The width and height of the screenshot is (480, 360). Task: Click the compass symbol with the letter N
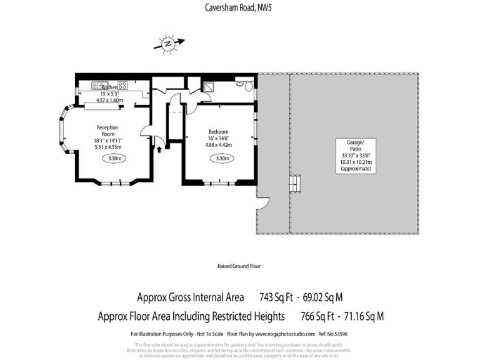[x=167, y=44]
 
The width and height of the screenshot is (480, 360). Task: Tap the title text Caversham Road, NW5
[x=239, y=7]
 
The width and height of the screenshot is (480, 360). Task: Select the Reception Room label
[x=108, y=131]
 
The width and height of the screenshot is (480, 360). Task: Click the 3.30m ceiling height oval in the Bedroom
[x=222, y=159]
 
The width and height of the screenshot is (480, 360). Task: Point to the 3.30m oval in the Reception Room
[x=113, y=159]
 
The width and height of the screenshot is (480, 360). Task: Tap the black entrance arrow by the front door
[x=159, y=149]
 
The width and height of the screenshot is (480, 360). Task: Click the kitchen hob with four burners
[x=120, y=84]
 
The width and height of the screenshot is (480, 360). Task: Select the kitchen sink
[x=100, y=84]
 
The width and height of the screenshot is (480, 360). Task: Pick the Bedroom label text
[x=218, y=132]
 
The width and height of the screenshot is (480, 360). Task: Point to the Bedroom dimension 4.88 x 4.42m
[x=218, y=145]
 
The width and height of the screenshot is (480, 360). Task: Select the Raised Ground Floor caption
[x=239, y=266]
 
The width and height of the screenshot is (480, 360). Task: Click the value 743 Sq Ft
[x=276, y=297]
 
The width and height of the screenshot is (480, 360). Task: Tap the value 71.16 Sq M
[x=361, y=316]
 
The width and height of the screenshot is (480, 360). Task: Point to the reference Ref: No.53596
[x=332, y=334]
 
